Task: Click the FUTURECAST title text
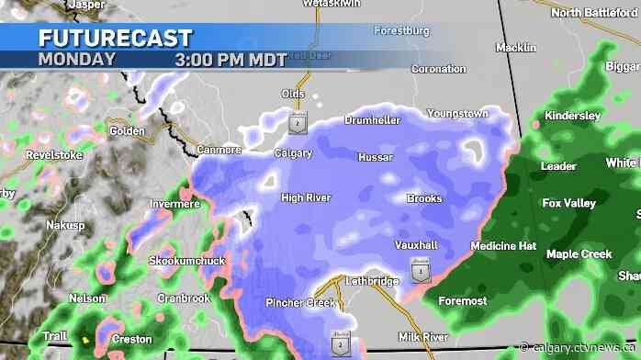tap(116, 38)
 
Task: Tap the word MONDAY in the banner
tap(77, 59)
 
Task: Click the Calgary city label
tap(293, 153)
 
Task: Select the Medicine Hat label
tap(502, 246)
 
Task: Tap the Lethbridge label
tap(372, 280)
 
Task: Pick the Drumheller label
tap(372, 120)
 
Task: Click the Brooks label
tap(424, 198)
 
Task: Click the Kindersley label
tap(572, 116)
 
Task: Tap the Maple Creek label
tap(579, 253)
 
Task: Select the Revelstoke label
tap(28, 155)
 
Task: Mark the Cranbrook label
tap(184, 298)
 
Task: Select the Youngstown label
tap(457, 113)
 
